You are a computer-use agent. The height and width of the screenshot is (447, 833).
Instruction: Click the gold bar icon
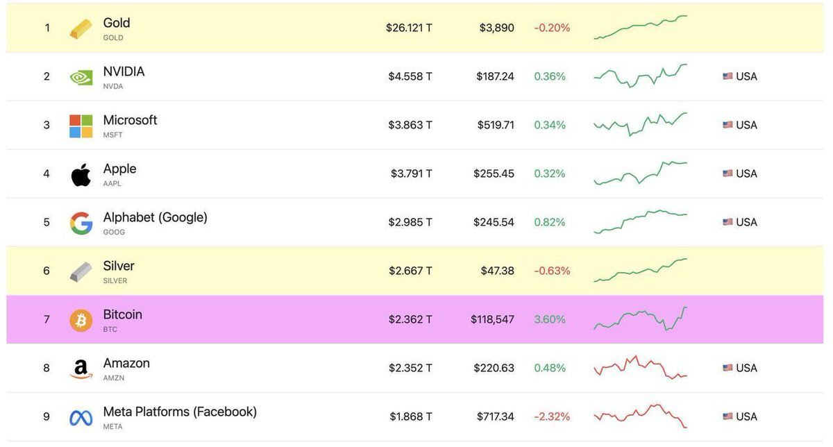81,29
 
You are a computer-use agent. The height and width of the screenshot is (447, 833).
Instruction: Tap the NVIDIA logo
81,77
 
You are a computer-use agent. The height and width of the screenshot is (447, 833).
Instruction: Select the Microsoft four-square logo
81,126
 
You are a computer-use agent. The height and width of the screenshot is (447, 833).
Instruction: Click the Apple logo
81,175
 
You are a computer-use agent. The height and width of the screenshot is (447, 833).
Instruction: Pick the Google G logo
81,223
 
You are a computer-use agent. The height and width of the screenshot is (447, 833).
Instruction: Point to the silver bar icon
81,271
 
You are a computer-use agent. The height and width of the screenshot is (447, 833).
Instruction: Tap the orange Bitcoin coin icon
81,320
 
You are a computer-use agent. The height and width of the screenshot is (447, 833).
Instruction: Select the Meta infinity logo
81,418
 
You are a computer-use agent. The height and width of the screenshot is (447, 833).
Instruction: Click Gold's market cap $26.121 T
409,28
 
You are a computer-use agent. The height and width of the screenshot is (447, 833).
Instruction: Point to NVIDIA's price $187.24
495,76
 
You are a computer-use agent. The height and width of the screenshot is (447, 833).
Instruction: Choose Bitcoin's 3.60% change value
550,319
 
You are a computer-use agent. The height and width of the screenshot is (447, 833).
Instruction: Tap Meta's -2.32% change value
552,416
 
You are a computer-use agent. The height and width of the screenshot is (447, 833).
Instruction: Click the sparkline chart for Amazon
640,368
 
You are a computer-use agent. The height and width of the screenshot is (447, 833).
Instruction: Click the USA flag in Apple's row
727,174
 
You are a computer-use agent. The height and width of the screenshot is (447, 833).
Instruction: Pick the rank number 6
47,271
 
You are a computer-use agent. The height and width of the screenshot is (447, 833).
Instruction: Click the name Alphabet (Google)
155,217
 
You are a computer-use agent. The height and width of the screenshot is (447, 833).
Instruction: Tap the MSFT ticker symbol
112,135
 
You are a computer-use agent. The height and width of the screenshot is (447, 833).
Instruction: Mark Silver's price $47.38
497,271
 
